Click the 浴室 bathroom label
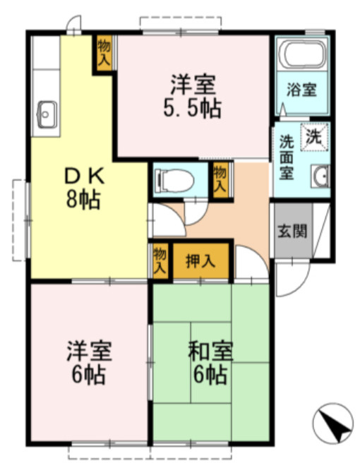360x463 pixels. (x=301, y=90)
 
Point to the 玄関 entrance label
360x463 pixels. (x=291, y=231)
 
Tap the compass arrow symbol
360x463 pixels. (x=331, y=423)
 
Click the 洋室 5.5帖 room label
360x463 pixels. (x=192, y=97)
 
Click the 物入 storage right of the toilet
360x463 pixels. (x=220, y=181)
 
